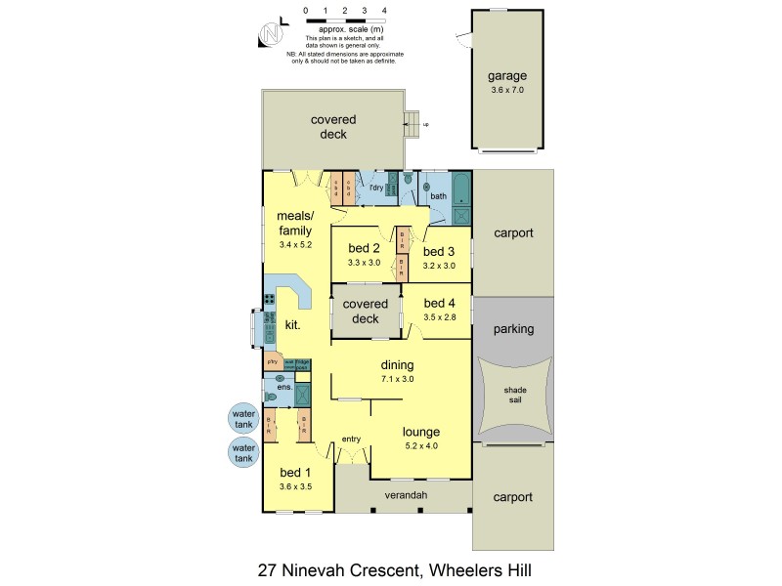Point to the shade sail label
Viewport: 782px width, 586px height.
(514, 394)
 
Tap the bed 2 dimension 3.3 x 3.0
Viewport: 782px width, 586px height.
(364, 262)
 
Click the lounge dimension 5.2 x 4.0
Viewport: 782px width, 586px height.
(421, 445)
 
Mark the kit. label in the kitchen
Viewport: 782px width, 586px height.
(292, 324)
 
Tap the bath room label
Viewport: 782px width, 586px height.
(438, 196)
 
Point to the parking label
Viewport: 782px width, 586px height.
(513, 329)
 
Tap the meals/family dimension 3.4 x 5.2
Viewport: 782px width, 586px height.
(294, 244)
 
